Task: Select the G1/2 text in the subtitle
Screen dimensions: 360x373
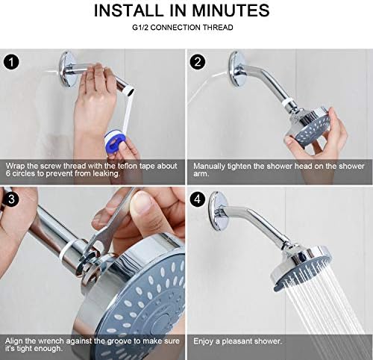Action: [148, 28]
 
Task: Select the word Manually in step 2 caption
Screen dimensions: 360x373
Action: [210, 164]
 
